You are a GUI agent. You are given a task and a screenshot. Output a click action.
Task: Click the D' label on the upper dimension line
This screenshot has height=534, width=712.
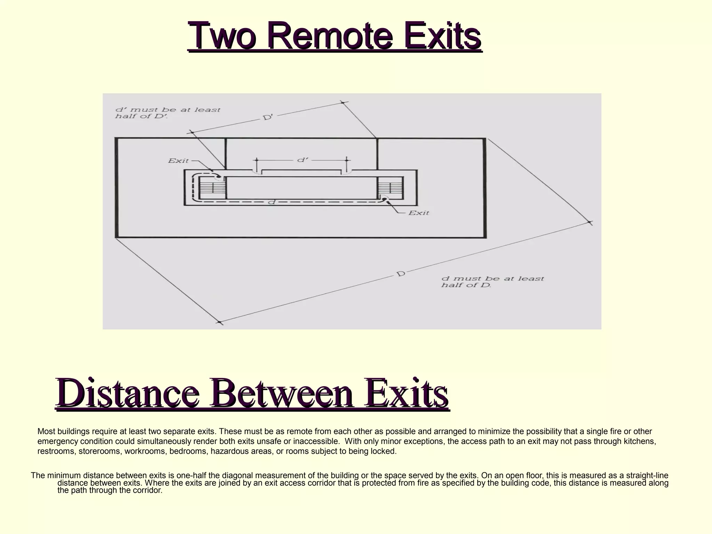268,117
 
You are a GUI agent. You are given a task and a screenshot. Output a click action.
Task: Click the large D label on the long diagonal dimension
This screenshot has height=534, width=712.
401,274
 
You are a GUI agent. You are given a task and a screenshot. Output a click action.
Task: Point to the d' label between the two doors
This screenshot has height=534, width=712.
302,160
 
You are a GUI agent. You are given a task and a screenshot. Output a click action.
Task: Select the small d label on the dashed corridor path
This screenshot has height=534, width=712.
272,202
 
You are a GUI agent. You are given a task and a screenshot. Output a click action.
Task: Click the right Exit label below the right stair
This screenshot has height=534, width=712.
419,213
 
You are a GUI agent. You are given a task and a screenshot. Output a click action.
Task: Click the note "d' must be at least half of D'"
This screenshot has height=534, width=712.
168,113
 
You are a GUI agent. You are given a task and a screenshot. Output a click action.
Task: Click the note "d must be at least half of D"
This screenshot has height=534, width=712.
492,282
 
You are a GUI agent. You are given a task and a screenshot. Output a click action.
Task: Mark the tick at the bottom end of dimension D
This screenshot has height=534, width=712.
219,323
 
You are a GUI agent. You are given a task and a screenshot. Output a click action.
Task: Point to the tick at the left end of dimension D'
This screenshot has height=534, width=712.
191,132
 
